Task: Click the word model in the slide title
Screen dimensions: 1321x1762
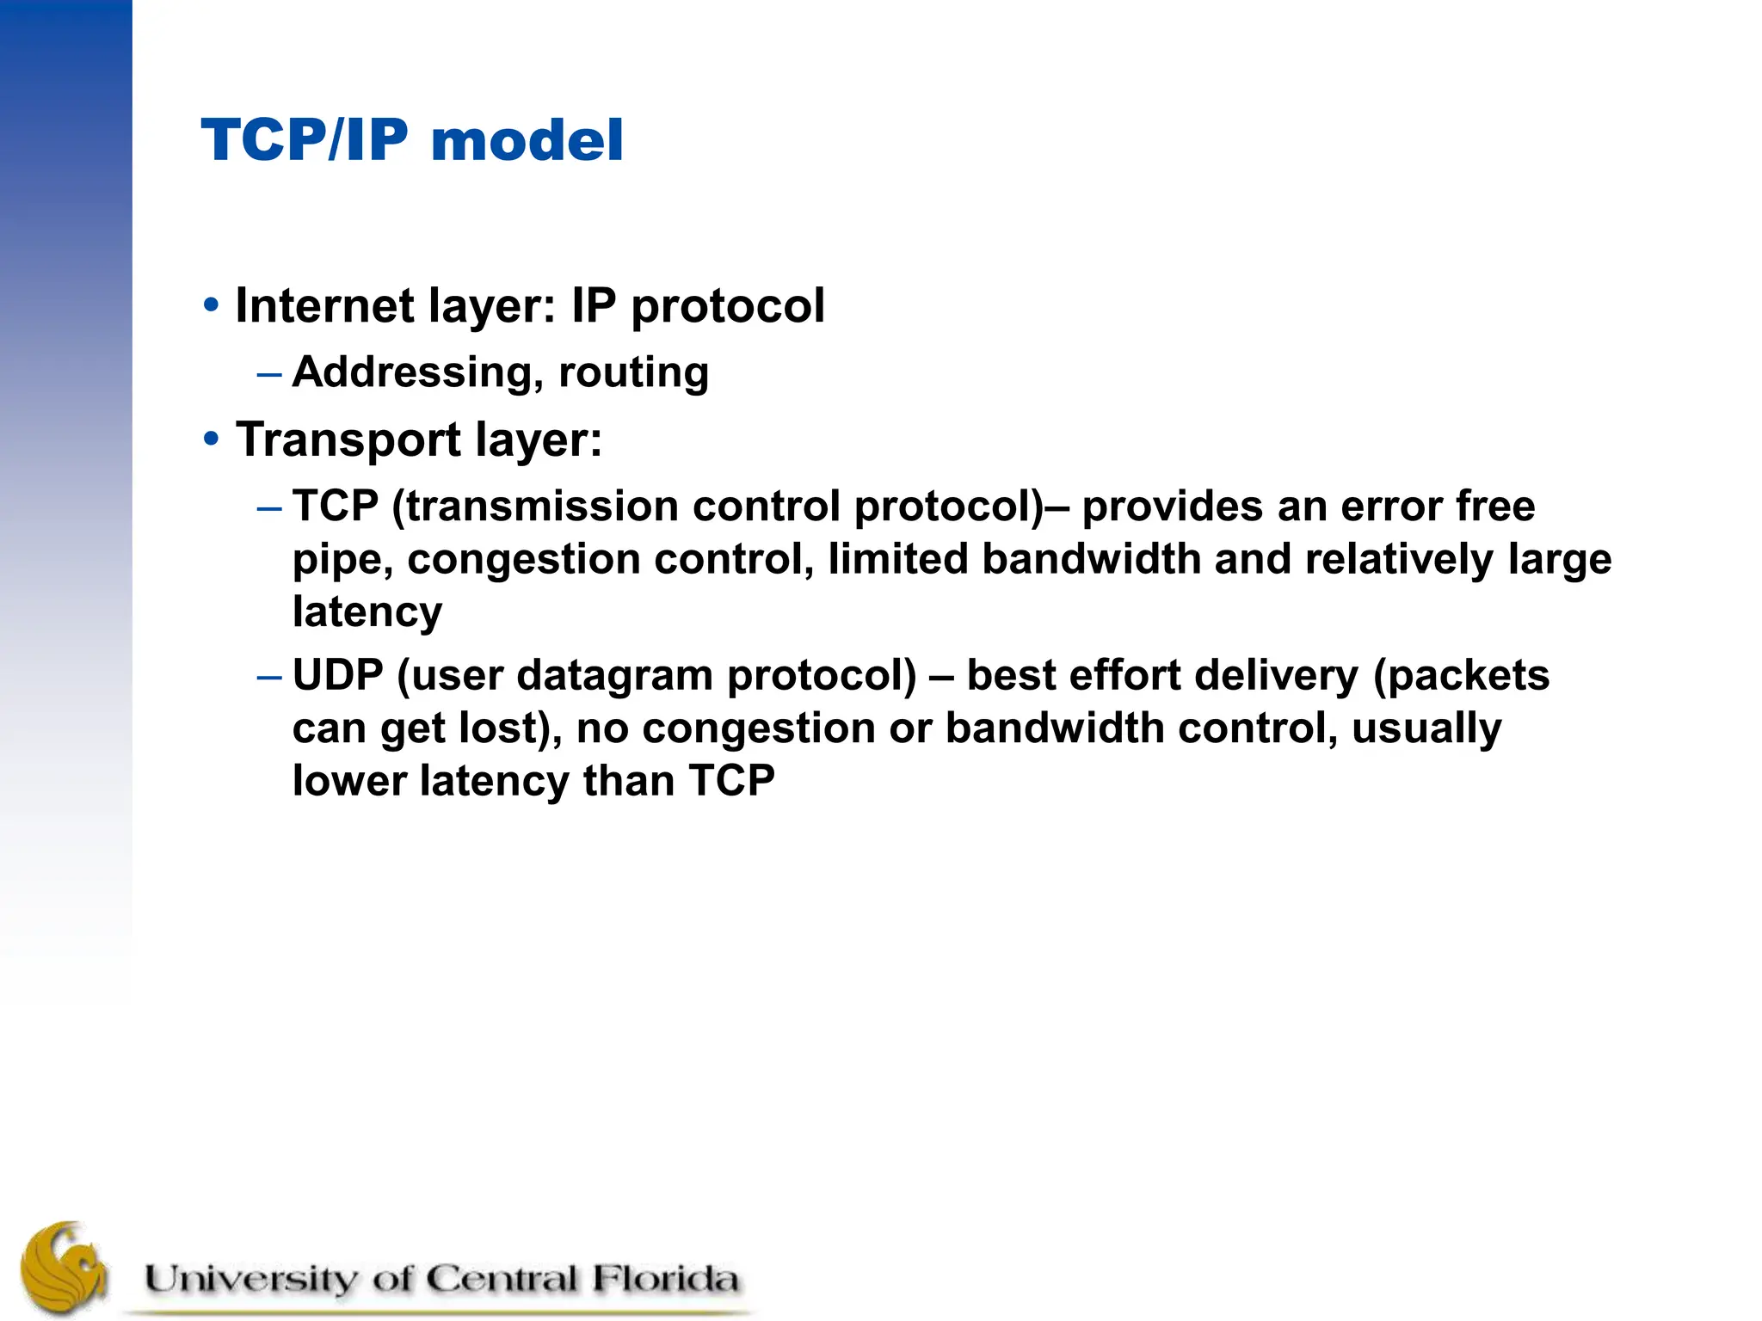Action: [527, 140]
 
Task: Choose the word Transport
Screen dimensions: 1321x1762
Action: [348, 440]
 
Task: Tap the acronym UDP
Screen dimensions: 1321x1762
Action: [337, 675]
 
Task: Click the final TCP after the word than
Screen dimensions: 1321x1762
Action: [731, 781]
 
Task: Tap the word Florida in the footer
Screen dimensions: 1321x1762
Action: [664, 1279]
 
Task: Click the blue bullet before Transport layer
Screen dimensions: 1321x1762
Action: [211, 439]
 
